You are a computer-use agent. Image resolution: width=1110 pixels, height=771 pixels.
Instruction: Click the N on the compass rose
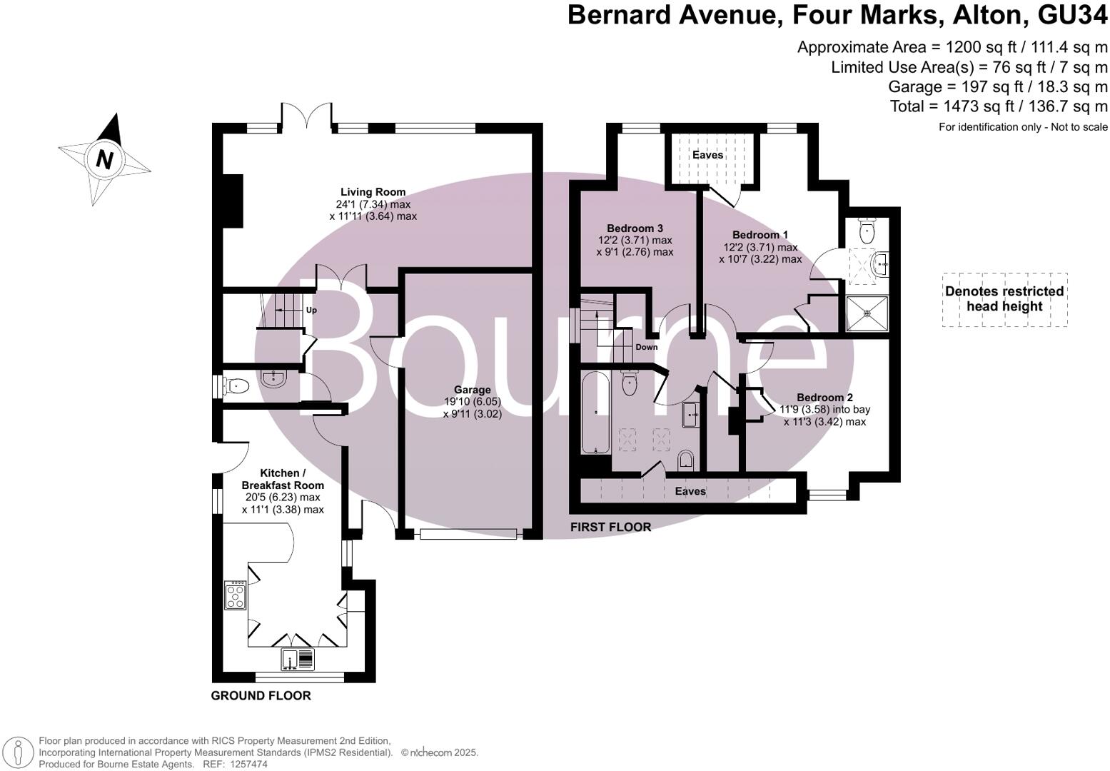tap(104, 158)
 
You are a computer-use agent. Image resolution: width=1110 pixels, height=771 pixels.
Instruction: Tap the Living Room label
tap(373, 192)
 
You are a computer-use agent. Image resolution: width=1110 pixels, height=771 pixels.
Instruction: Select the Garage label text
tap(472, 390)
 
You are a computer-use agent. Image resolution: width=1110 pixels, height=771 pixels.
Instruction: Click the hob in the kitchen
tap(236, 595)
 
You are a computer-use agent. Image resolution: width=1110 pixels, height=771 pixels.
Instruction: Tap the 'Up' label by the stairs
tap(311, 311)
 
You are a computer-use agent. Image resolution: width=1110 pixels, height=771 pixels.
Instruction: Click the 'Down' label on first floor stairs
tap(646, 348)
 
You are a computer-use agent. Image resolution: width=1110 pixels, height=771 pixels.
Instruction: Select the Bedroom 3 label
tap(635, 228)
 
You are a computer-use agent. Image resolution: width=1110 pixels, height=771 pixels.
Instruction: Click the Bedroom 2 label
tap(824, 398)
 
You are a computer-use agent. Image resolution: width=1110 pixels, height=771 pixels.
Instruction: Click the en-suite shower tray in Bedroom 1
tap(867, 313)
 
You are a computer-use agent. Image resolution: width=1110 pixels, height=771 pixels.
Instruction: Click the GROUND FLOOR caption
tap(261, 695)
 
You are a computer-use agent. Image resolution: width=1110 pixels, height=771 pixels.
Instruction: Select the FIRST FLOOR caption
tap(610, 528)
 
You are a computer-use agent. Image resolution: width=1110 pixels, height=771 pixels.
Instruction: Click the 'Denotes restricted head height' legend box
tap(1004, 299)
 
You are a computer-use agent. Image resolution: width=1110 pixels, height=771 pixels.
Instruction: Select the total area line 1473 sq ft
tap(998, 106)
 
